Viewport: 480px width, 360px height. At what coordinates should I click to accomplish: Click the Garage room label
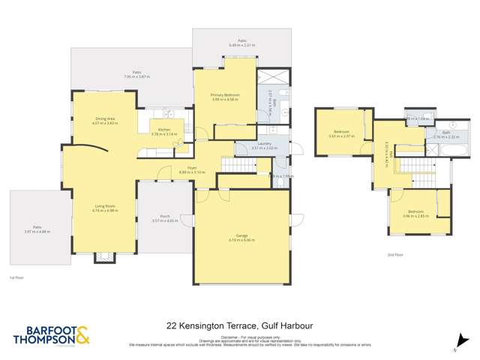pyautogui.click(x=242, y=239)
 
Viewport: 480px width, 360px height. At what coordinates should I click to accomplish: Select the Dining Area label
pyautogui.click(x=104, y=121)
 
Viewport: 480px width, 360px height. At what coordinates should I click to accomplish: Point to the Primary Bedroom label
pyautogui.click(x=225, y=97)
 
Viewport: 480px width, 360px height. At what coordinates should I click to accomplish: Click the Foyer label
pyautogui.click(x=182, y=169)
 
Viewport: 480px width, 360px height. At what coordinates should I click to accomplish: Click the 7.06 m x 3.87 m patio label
pyautogui.click(x=136, y=74)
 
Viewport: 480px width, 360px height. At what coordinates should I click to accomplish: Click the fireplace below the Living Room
pyautogui.click(x=103, y=257)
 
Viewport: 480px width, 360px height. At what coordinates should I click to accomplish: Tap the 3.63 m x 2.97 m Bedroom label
pyautogui.click(x=340, y=133)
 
